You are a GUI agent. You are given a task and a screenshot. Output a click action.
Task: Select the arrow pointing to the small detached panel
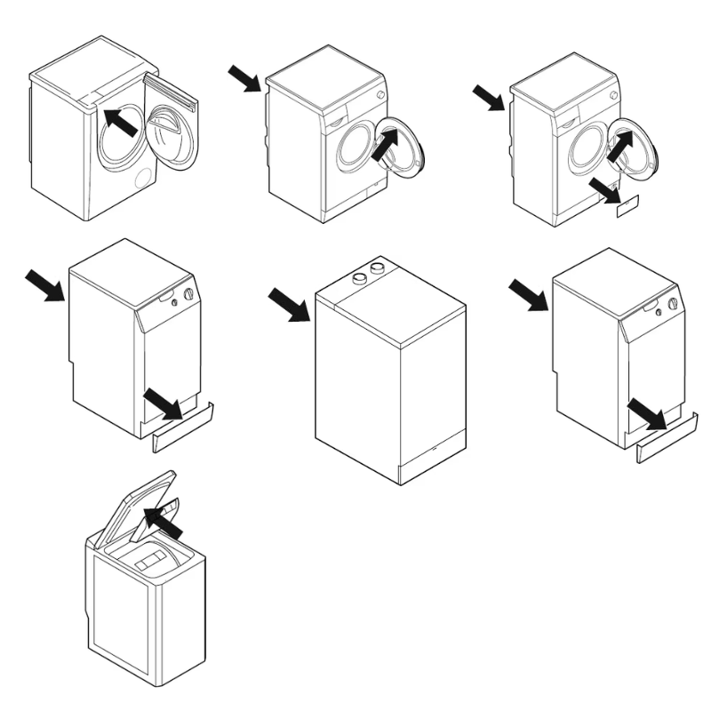point(604,187)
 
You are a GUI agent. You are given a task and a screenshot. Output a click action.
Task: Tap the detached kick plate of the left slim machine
point(182,427)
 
